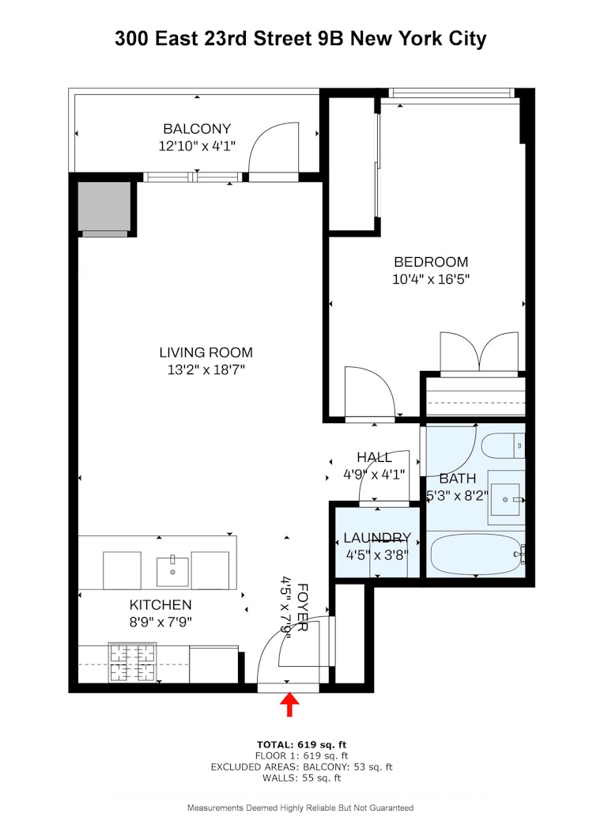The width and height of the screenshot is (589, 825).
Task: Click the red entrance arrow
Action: click(x=289, y=704)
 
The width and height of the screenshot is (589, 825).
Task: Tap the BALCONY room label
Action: click(x=197, y=129)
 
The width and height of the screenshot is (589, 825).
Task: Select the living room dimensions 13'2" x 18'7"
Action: click(x=206, y=370)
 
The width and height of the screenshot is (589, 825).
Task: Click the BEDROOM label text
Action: click(x=431, y=262)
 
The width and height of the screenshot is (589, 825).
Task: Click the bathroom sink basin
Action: click(x=504, y=499)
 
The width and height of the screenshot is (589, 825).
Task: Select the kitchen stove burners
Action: click(x=131, y=664)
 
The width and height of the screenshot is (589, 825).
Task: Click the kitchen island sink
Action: click(x=172, y=569)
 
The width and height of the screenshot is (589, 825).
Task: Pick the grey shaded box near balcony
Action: click(x=104, y=207)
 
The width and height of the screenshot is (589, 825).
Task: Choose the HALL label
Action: click(x=374, y=457)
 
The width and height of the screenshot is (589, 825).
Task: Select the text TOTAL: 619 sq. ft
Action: click(x=301, y=744)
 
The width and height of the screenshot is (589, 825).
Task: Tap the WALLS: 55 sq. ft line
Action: click(x=301, y=778)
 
